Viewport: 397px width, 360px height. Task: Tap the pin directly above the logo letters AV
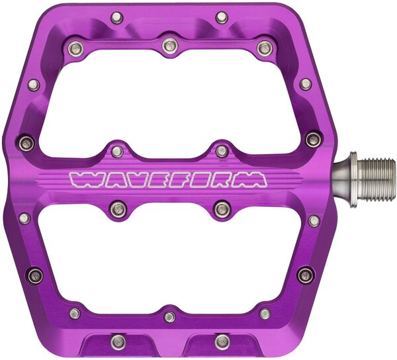(117, 152)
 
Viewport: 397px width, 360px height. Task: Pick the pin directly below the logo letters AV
(118, 209)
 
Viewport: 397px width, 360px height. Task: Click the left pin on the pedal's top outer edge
(117, 17)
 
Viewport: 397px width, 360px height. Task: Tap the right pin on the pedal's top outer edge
(222, 17)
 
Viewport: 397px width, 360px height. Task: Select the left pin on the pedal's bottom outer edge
(118, 342)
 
